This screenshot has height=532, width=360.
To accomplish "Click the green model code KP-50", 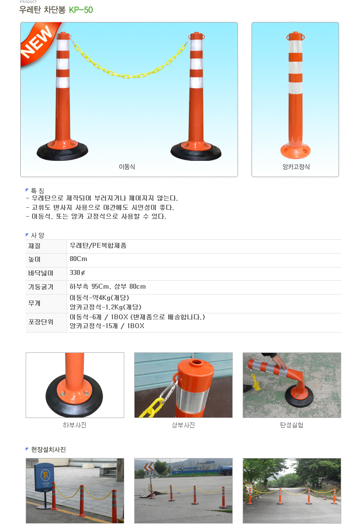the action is [x=81, y=10].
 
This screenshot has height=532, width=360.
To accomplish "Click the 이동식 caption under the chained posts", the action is [x=127, y=167].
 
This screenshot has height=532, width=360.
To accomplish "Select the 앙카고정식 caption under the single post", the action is [x=296, y=167].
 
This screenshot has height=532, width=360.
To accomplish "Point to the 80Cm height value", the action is [x=78, y=259].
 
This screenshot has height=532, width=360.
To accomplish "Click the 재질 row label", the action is [x=34, y=246].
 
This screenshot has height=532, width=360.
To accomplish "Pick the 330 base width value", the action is [x=77, y=273].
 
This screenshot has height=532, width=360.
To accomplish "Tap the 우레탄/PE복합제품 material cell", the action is [x=98, y=245].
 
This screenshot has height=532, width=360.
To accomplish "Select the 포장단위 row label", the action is [x=40, y=322].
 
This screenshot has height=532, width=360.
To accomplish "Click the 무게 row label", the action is [x=34, y=303].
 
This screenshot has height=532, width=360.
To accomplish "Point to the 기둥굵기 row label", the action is [x=40, y=287].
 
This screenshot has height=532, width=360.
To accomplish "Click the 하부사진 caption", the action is [x=74, y=425].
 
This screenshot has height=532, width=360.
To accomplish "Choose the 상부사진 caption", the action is [x=183, y=425].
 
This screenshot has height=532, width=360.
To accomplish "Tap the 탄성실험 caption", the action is [x=291, y=425].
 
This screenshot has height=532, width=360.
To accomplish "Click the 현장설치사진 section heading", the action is [x=48, y=450].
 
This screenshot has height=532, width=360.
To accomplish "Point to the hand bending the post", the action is [x=278, y=360].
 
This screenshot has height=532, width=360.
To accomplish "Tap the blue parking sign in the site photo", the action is [x=44, y=475].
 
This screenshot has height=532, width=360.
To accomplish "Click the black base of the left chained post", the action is [x=62, y=152].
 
